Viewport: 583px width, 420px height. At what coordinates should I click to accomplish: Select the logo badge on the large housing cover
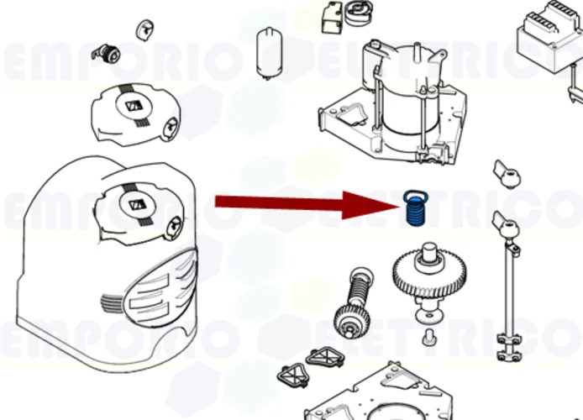(134, 204)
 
